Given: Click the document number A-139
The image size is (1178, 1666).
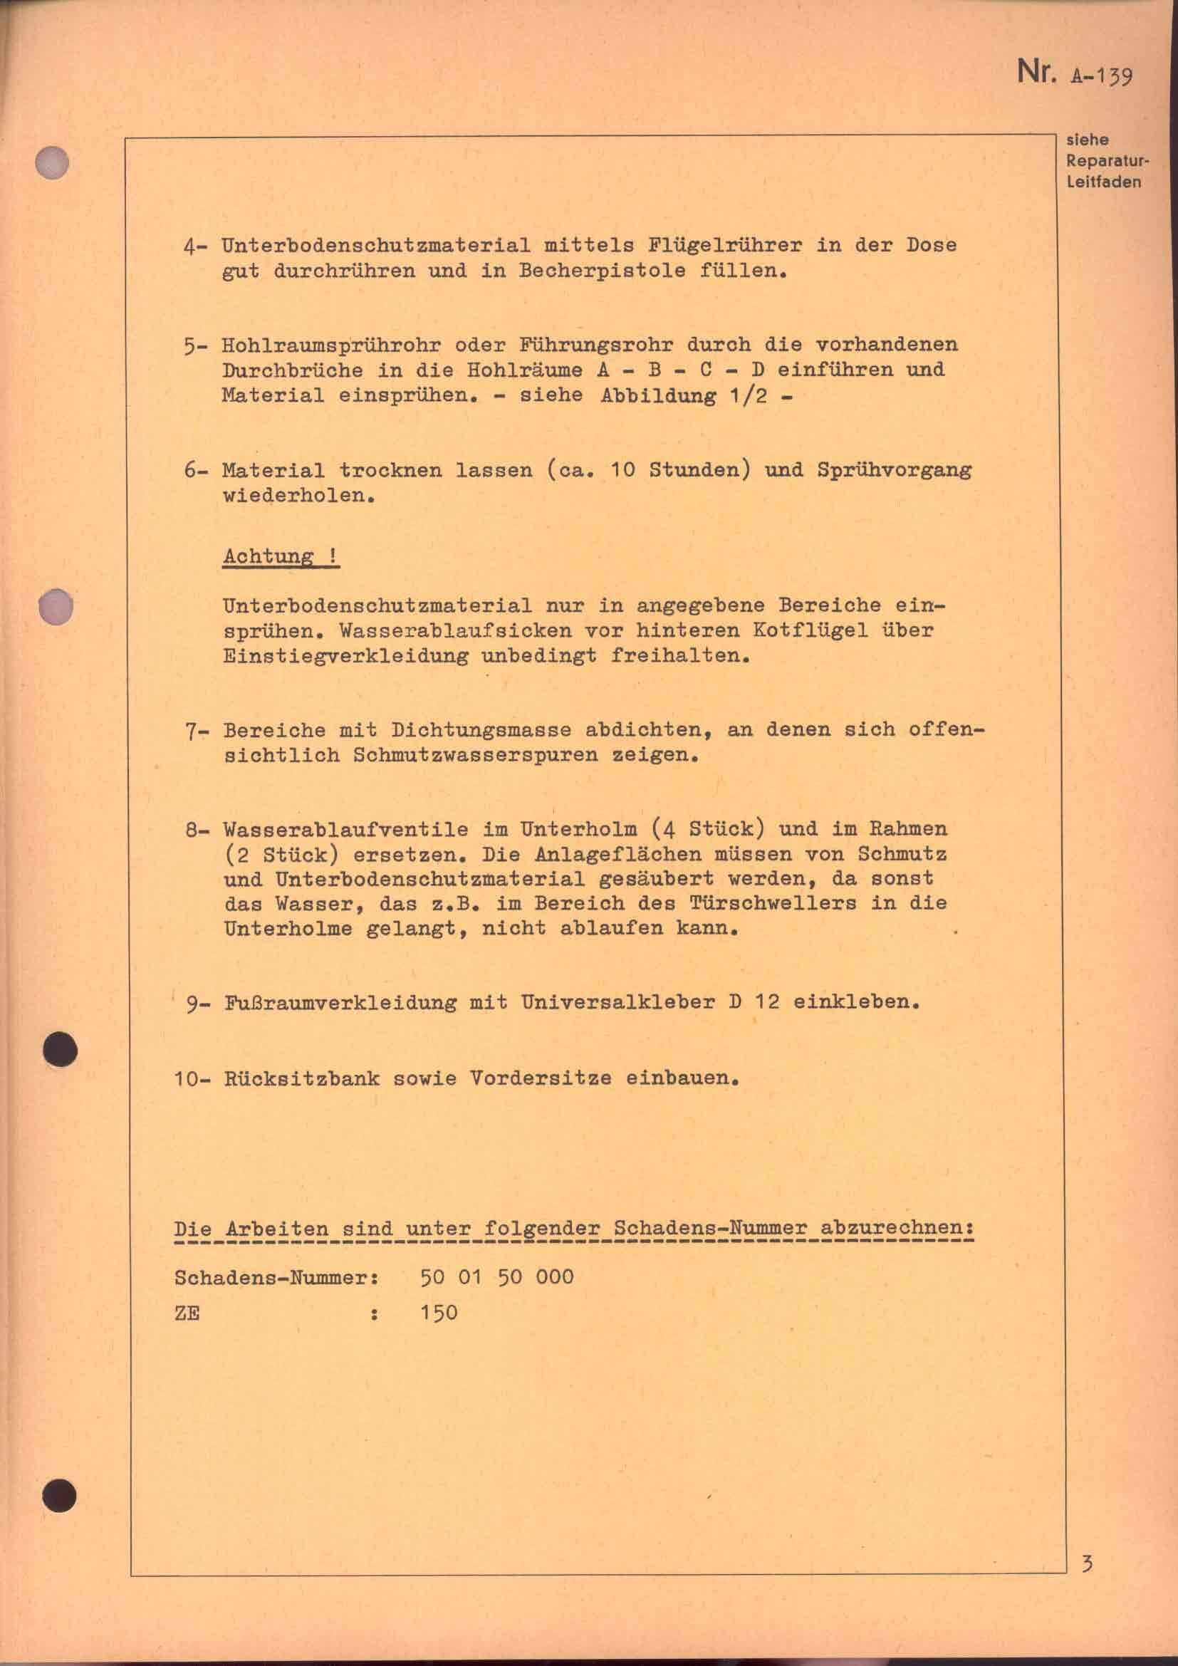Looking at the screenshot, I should click(x=1100, y=76).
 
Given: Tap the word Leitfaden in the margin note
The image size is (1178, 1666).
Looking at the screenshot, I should click(x=1103, y=182).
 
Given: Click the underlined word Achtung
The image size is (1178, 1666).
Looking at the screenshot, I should click(x=269, y=556).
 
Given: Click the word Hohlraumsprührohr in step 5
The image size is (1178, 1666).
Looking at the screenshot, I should click(x=330, y=345).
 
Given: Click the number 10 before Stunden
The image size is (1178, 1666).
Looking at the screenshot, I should click(x=622, y=470).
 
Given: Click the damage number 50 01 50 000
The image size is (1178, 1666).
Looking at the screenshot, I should click(x=497, y=1277).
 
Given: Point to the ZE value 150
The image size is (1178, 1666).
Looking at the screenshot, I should click(x=439, y=1313).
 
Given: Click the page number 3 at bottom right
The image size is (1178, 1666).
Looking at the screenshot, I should click(x=1087, y=1558).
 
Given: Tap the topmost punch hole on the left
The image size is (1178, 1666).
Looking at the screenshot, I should click(x=52, y=162).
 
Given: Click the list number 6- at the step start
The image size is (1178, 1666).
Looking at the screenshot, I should click(x=195, y=470).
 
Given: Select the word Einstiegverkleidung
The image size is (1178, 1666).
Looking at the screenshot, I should click(x=345, y=656).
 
